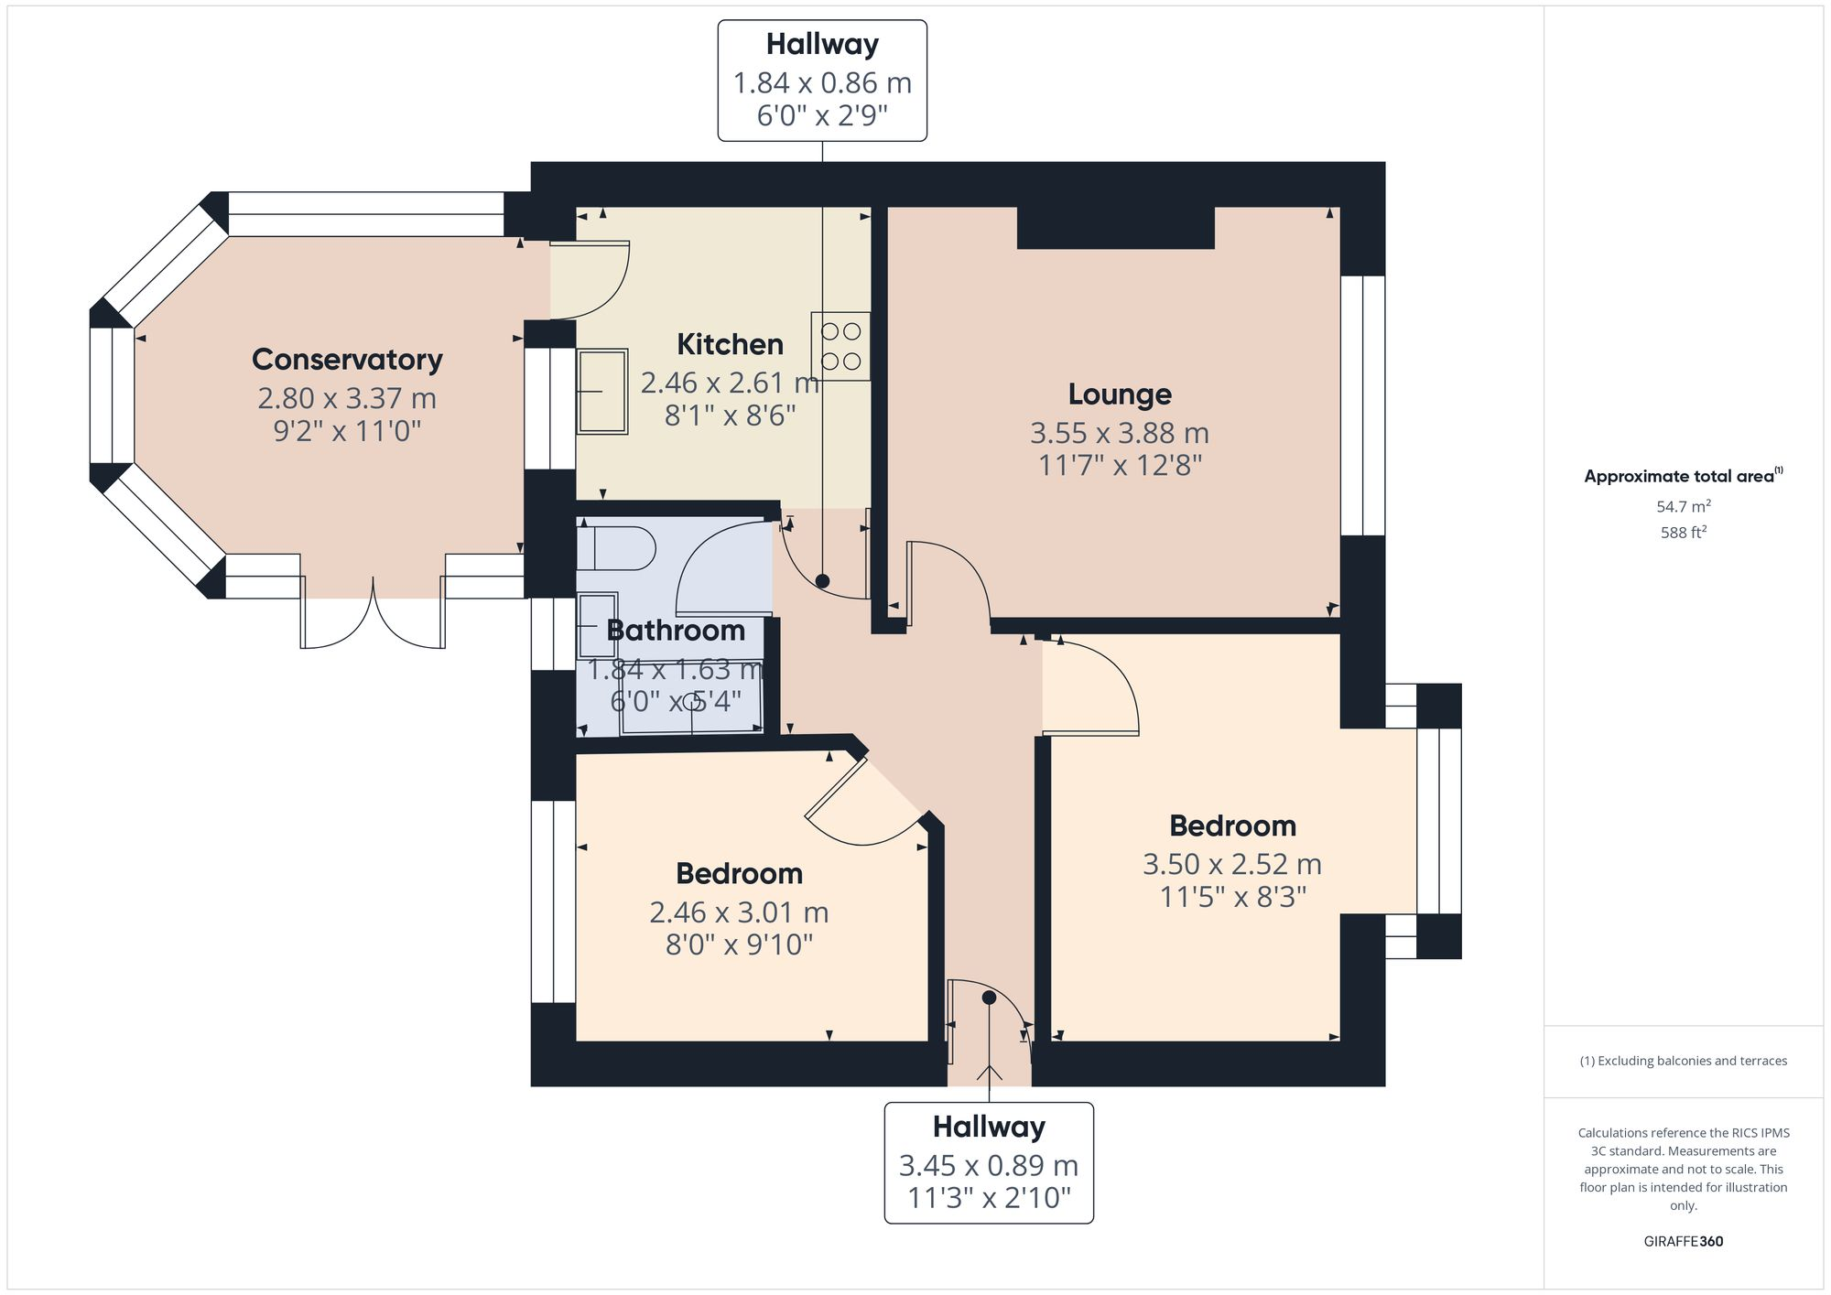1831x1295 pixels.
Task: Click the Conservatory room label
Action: click(347, 360)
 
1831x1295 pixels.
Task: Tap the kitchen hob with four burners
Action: click(840, 347)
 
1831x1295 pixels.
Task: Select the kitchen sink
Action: click(601, 391)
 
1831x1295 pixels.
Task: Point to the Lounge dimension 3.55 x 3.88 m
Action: click(1119, 433)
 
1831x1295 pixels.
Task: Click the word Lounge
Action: click(1119, 394)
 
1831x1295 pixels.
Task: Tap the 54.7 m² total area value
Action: click(1683, 506)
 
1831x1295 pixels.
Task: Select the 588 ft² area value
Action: click(1683, 532)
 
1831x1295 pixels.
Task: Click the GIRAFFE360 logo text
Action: click(1683, 1241)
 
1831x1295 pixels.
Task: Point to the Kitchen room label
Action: click(730, 345)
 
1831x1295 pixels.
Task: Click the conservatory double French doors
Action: click(373, 618)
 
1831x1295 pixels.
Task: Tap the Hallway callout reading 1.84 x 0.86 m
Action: click(821, 81)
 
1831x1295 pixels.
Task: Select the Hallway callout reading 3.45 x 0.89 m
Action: click(988, 1164)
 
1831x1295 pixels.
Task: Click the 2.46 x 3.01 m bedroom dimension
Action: click(739, 912)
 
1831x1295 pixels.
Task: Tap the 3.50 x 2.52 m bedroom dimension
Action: click(1231, 864)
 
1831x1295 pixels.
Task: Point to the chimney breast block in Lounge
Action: click(1115, 228)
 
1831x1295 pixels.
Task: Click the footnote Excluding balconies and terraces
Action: click(1683, 1061)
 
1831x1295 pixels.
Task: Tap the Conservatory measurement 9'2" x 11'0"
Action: click(347, 431)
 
